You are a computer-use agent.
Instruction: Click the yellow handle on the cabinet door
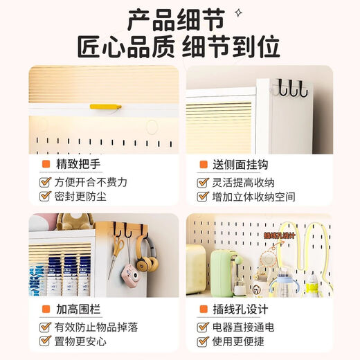105,107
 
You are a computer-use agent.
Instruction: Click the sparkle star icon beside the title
238,12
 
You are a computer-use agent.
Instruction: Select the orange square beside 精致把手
45,165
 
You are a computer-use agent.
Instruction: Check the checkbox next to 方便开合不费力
44,182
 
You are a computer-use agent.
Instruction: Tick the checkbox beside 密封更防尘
44,196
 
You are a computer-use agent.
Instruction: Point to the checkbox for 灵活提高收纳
203,182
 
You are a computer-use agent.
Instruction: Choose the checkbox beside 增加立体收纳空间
203,196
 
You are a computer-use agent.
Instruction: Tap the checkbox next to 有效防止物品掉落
44,326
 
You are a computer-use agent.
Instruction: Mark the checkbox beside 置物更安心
44,340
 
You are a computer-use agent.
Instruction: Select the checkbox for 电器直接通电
203,326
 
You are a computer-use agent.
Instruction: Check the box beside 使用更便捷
203,340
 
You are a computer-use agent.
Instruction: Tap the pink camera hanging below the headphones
130,271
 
